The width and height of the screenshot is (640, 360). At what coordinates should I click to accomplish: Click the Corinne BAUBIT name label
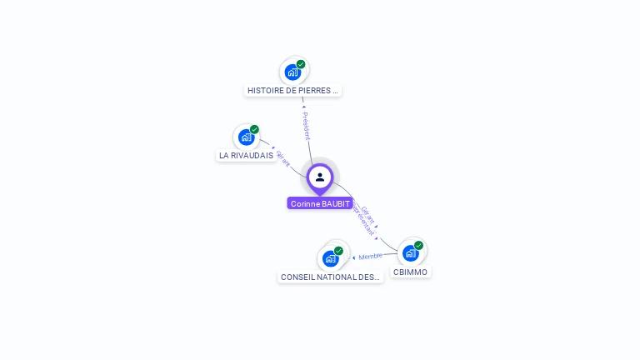click(320, 203)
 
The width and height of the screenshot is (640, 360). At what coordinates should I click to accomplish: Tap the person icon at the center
click(320, 177)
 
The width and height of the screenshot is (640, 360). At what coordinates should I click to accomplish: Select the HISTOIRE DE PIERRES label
click(292, 90)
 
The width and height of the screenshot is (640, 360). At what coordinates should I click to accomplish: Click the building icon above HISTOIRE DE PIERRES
click(292, 72)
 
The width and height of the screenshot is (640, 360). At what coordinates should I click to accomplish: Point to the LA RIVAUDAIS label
click(246, 155)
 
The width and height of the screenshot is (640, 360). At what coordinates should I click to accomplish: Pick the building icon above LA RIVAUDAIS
click(246, 137)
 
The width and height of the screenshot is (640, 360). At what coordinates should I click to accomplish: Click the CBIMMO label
click(410, 272)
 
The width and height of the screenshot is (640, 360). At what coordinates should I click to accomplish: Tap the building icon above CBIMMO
click(410, 252)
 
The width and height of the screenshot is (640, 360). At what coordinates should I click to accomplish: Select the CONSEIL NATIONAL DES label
click(330, 277)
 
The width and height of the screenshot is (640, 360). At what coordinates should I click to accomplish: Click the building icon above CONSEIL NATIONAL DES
click(330, 258)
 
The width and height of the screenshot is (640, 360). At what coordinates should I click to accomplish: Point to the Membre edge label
click(371, 256)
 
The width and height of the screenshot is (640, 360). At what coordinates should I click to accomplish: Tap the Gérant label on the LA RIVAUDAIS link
click(282, 159)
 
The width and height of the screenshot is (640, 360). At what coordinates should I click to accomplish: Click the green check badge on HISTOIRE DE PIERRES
click(301, 64)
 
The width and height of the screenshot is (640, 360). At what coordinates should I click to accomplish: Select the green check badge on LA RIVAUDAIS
click(254, 129)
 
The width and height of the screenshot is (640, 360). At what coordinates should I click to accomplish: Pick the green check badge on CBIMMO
click(418, 245)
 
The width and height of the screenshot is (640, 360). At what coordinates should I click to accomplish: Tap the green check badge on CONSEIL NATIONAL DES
click(338, 251)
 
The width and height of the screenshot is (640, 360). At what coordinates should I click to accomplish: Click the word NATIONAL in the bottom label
click(336, 277)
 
